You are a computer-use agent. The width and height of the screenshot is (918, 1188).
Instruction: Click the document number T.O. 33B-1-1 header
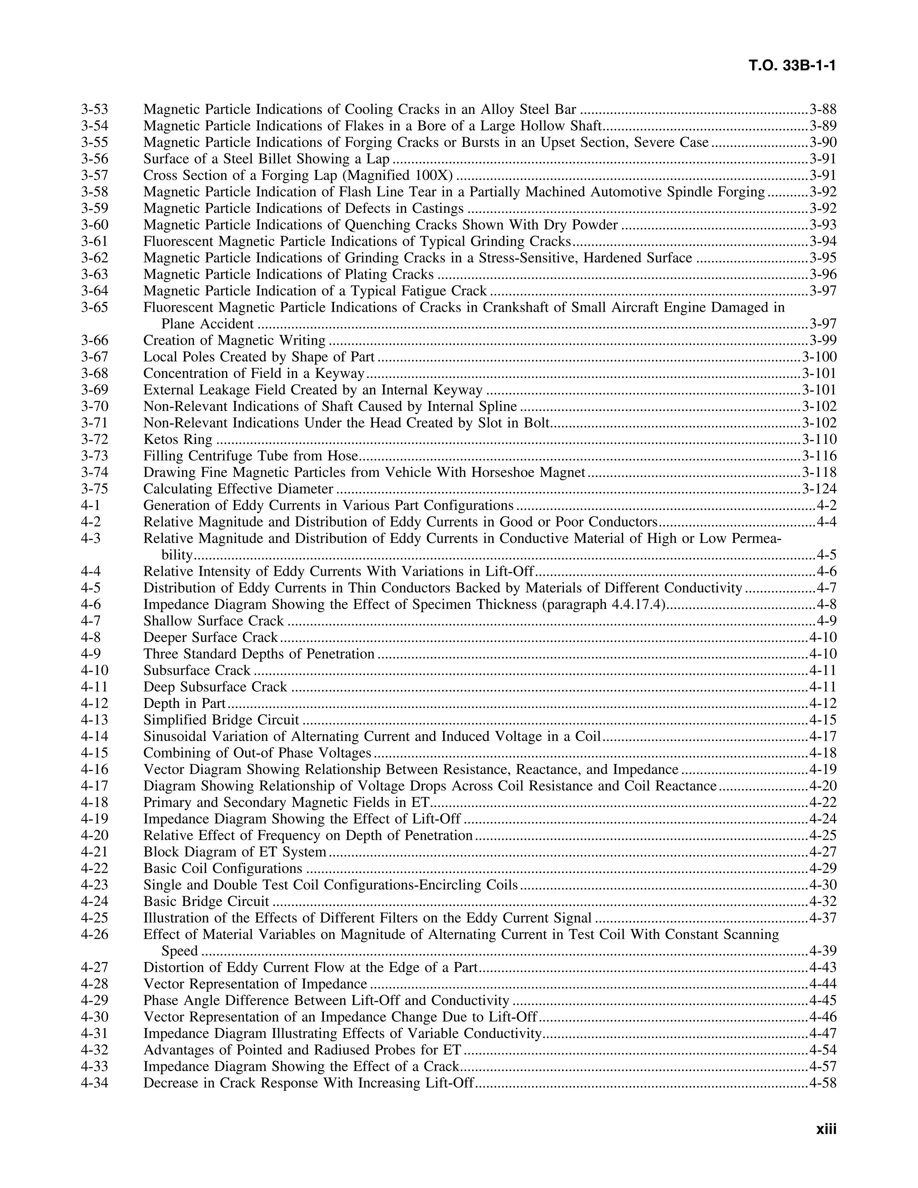click(792, 66)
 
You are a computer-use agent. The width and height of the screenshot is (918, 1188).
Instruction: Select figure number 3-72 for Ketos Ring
click(95, 439)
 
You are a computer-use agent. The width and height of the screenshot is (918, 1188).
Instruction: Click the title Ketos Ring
click(178, 439)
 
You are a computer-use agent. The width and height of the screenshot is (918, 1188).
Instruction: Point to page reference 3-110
click(819, 439)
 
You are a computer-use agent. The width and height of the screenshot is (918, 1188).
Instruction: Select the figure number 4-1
click(91, 505)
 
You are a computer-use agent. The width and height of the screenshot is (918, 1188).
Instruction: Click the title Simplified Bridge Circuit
click(221, 720)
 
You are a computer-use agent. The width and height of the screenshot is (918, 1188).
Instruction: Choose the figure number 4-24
click(95, 902)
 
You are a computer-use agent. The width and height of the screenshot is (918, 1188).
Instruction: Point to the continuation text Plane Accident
click(207, 324)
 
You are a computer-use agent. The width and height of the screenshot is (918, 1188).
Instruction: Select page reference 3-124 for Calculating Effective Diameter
click(819, 489)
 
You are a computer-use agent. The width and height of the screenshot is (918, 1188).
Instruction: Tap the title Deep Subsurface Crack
click(215, 687)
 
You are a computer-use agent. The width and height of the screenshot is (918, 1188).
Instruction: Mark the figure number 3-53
click(95, 109)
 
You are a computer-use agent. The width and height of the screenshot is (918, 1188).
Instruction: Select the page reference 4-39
click(823, 951)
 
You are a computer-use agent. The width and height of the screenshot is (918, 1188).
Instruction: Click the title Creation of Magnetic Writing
click(234, 341)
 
